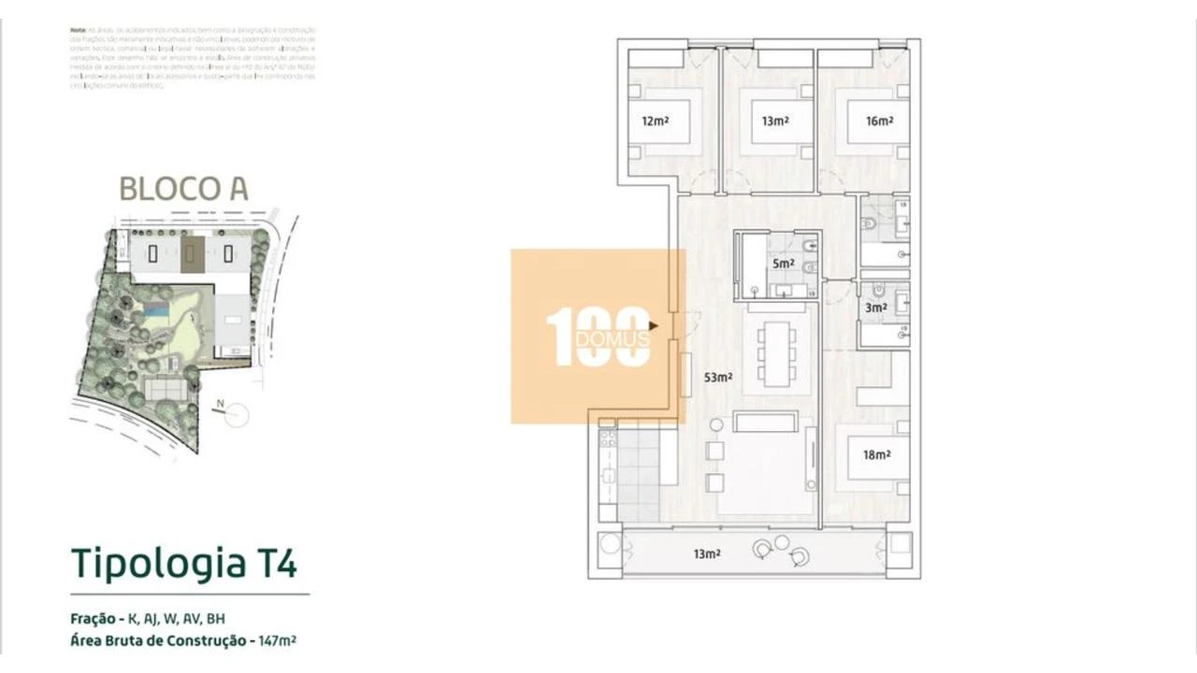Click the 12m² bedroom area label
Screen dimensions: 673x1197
click(x=654, y=121)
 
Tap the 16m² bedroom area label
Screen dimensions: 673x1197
click(x=879, y=121)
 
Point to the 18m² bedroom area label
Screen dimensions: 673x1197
click(x=876, y=455)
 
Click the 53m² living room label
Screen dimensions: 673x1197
click(x=718, y=378)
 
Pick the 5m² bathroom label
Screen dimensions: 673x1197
click(x=783, y=264)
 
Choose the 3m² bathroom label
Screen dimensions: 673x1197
click(x=875, y=307)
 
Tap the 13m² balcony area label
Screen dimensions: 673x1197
click(x=707, y=554)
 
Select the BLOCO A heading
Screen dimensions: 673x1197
click(x=183, y=189)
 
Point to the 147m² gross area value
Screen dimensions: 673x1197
click(x=278, y=641)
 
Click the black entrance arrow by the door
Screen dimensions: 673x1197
click(x=655, y=326)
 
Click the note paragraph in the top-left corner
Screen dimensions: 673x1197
click(x=193, y=58)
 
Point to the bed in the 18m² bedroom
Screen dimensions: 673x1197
click(x=871, y=457)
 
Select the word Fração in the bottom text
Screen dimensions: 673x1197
click(x=92, y=619)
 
